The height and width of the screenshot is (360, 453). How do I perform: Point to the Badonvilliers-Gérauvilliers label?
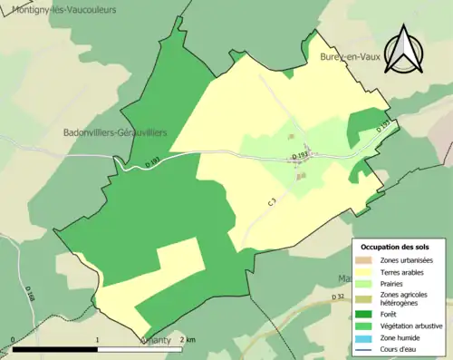tap(115, 132)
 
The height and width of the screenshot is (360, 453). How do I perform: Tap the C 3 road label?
tap(272, 206)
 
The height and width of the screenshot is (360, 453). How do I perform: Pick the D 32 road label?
tap(339, 297)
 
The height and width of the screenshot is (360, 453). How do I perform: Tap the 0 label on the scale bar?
tap(13, 339)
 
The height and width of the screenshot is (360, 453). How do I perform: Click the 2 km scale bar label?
tap(186, 339)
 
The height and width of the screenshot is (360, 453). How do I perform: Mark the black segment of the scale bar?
tap(55, 348)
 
